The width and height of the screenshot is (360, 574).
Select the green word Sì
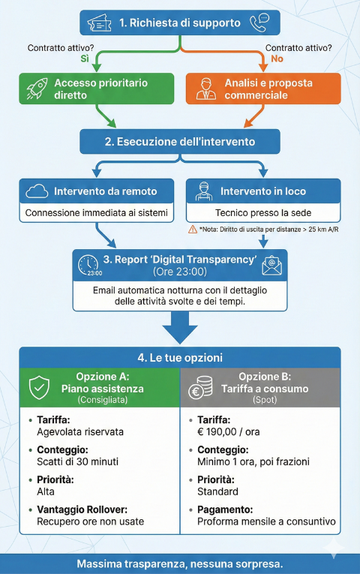coord(85,59)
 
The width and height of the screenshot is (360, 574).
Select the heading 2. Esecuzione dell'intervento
coord(180,141)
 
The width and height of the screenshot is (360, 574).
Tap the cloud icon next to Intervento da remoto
coord(36,191)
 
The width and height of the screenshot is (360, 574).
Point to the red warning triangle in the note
coord(193,229)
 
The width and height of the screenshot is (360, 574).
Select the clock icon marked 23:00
coord(88,265)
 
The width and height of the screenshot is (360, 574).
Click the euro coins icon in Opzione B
coord(200,389)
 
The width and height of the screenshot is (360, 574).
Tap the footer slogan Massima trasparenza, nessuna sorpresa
coord(180,563)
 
